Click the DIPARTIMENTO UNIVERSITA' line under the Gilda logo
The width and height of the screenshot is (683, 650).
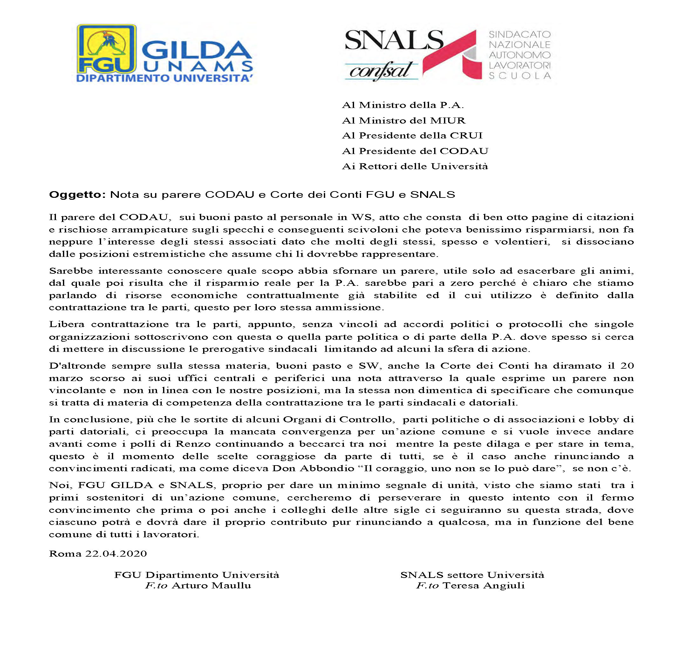[x=164, y=78]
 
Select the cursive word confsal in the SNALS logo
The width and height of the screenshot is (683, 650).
[x=381, y=72]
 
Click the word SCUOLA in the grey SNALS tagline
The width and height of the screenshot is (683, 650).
[x=519, y=76]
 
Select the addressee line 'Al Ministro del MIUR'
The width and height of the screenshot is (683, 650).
[x=403, y=121]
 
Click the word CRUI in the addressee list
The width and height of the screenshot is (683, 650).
[x=466, y=136]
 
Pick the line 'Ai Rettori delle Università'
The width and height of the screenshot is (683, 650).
[x=415, y=166]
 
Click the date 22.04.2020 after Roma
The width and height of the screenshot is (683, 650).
[x=116, y=554]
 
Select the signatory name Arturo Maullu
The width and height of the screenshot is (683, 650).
[x=211, y=586]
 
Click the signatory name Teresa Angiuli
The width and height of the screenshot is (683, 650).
[x=483, y=586]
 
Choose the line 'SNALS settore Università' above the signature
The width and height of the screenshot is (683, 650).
[x=472, y=575]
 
